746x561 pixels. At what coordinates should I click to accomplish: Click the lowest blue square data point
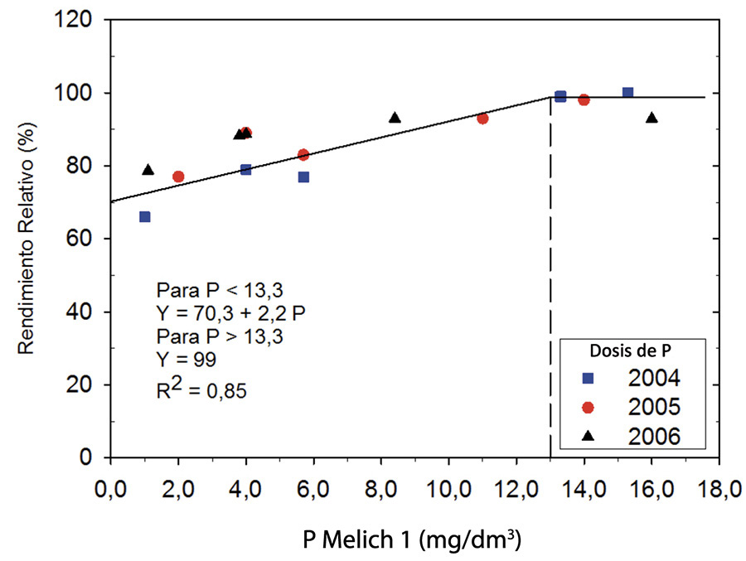pyautogui.click(x=145, y=216)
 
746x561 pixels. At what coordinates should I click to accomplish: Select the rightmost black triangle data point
pyautogui.click(x=652, y=118)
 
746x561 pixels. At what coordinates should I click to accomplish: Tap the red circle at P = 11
pyautogui.click(x=482, y=118)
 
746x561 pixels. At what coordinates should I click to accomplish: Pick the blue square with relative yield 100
pyautogui.click(x=627, y=93)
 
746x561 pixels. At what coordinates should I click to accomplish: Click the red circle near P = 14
pyautogui.click(x=584, y=100)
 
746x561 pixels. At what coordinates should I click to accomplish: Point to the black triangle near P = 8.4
pyautogui.click(x=395, y=118)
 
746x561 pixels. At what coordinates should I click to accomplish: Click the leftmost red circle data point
pyautogui.click(x=178, y=177)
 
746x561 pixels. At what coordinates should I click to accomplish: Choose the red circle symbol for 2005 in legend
pyautogui.click(x=589, y=407)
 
